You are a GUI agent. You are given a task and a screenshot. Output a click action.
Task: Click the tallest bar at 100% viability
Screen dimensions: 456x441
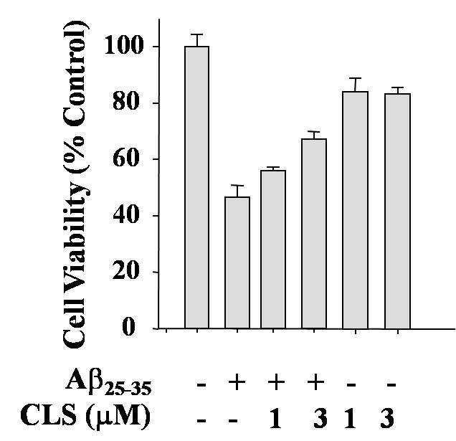click(x=197, y=187)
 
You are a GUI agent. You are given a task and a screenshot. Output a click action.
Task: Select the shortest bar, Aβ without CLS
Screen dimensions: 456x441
click(x=237, y=262)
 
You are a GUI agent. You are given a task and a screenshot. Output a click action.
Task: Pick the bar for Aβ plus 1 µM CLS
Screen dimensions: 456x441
click(x=273, y=250)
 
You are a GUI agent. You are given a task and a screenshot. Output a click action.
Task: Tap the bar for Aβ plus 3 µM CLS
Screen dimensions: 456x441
click(x=314, y=234)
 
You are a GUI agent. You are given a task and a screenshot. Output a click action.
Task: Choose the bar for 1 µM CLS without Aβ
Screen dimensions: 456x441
click(x=356, y=210)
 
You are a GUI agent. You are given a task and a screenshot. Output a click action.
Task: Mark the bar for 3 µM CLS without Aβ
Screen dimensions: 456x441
click(x=397, y=212)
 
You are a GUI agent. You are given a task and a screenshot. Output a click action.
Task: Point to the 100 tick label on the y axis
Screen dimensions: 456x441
click(x=124, y=46)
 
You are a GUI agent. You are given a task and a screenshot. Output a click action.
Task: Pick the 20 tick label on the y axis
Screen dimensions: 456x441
click(x=125, y=271)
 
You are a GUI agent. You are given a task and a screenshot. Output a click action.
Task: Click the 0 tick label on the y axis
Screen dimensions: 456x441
click(x=129, y=326)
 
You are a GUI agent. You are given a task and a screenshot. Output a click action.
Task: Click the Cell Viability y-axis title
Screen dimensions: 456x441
click(x=75, y=185)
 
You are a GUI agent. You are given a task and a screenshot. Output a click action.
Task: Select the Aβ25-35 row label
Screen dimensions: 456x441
click(x=108, y=383)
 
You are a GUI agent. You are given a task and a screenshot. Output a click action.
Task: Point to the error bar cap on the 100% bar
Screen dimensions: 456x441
click(x=197, y=34)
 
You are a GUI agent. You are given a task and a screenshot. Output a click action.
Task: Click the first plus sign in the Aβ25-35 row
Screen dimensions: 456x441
click(x=237, y=383)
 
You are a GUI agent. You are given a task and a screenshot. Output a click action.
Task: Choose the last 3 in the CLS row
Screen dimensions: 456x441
click(x=387, y=418)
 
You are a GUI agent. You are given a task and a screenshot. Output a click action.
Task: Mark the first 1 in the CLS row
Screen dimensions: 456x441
click(x=275, y=418)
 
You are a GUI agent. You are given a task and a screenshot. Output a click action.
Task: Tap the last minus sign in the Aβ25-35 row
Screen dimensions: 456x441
click(x=391, y=385)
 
